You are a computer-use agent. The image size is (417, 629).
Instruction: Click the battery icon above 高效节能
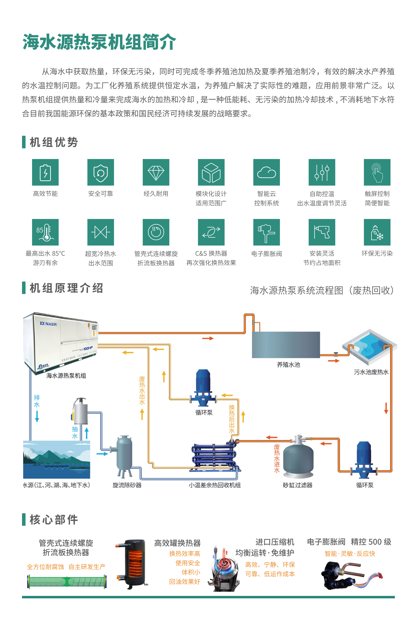[x=45, y=172]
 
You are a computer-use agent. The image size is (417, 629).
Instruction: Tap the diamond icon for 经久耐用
[x=156, y=172]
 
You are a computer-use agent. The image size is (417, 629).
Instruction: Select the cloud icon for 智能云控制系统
[x=266, y=172]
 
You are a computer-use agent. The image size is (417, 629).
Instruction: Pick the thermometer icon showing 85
[x=45, y=232]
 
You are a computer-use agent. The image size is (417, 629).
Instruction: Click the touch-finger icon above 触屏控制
[x=377, y=172]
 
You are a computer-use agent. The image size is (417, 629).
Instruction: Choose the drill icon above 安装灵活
[x=322, y=232]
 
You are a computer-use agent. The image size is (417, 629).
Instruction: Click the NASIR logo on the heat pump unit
[x=48, y=324]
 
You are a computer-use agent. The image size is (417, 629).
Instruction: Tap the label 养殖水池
[x=288, y=365]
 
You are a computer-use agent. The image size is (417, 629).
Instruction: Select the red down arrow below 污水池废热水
[x=386, y=408]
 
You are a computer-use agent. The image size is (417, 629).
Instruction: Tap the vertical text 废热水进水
[x=277, y=458]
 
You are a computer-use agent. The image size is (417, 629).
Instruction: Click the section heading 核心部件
[x=54, y=520]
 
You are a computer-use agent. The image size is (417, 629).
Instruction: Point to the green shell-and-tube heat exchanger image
[x=67, y=581]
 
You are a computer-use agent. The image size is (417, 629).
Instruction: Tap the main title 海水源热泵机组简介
[x=99, y=42]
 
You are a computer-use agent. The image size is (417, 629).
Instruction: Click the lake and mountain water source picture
[x=57, y=460]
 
